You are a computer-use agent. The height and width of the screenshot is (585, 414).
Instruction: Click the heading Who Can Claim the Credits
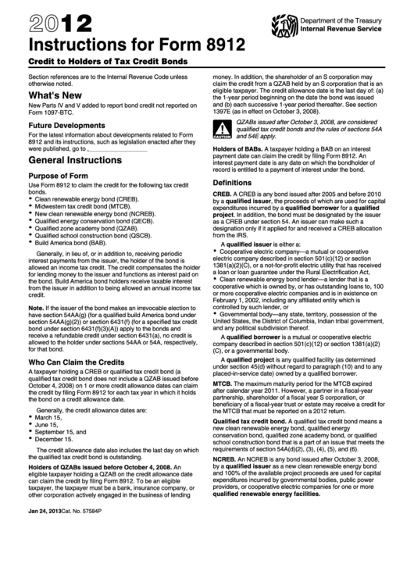(79, 341)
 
